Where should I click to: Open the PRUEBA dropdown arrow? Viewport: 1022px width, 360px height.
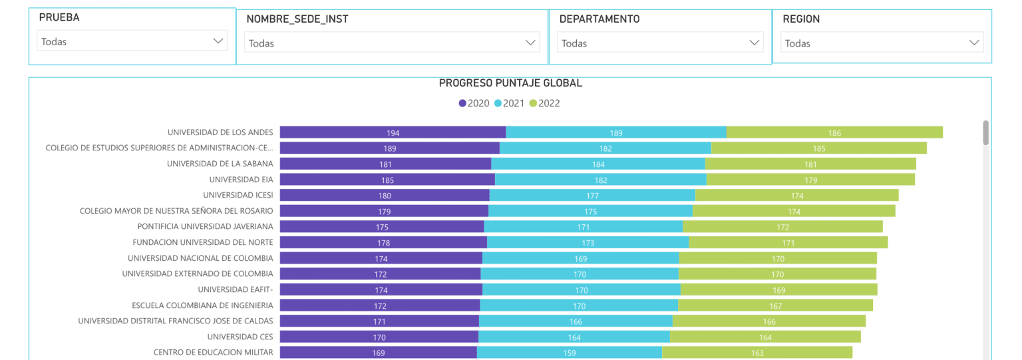[x=218, y=41]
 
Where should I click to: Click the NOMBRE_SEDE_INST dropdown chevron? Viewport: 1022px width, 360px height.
[x=530, y=43]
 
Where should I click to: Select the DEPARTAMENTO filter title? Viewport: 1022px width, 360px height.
[x=599, y=19]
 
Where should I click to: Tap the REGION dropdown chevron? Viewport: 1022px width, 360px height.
[x=974, y=43]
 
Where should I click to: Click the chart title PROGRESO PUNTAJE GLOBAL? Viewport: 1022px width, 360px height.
[x=510, y=83]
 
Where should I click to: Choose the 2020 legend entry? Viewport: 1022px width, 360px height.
[x=474, y=103]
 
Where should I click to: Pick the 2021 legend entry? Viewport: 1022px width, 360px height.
[x=510, y=103]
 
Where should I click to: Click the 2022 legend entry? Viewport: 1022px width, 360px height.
[x=545, y=103]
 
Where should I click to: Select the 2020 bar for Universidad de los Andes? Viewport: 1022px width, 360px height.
[x=393, y=132]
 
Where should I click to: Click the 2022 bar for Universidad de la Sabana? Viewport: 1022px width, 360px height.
[x=810, y=164]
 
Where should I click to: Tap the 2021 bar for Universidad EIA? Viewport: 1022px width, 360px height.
[x=600, y=180]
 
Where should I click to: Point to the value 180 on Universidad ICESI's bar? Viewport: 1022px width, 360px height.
[x=385, y=196]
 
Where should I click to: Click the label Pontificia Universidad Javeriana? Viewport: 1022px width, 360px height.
[x=205, y=226]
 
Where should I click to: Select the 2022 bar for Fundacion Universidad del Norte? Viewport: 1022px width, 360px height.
[x=788, y=242]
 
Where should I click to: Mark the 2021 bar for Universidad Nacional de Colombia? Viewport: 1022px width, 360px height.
[x=580, y=258]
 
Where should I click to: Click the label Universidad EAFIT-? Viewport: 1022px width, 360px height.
[x=236, y=289]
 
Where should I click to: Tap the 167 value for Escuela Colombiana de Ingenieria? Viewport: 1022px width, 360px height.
[x=775, y=306]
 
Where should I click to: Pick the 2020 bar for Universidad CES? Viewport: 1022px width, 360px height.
[x=379, y=337]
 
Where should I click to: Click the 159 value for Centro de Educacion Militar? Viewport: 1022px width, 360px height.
[x=570, y=353]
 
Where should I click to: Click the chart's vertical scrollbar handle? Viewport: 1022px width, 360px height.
[x=985, y=132]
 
